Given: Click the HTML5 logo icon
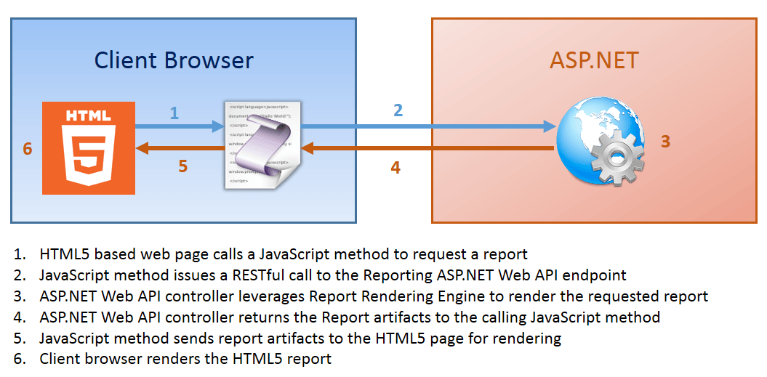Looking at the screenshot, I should (x=89, y=147).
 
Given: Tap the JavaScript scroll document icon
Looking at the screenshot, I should (x=262, y=146).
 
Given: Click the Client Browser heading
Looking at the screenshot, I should (x=174, y=60).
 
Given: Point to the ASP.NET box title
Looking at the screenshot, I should (x=594, y=60).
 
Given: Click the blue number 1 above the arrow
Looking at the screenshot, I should (x=174, y=113).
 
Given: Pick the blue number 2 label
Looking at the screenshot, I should (x=398, y=111).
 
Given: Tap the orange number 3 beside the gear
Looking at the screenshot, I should (x=664, y=142).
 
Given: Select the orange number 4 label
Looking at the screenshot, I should (x=395, y=167).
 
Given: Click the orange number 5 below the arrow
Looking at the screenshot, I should (x=182, y=166).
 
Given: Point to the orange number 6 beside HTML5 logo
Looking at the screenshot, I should (x=28, y=149).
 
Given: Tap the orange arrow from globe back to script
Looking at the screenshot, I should (x=429, y=148).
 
